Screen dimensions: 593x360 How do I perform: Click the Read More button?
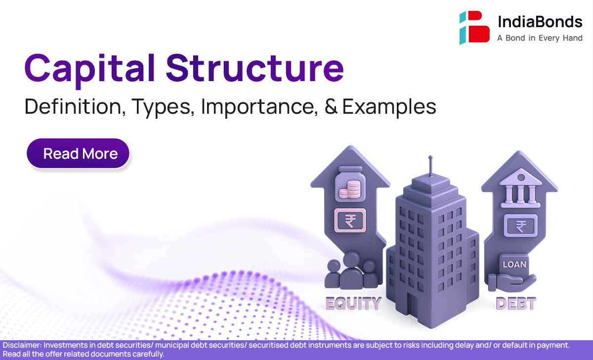coord(78,153)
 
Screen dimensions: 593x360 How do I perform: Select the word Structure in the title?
coord(255,68)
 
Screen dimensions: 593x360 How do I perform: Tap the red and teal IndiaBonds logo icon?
coord(474,27)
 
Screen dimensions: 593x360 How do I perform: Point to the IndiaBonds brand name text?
coord(540,21)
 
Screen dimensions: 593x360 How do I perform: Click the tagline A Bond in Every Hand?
coord(540,38)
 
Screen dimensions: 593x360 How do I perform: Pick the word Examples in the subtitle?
coord(389,107)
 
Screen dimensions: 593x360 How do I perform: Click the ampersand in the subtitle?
coord(331,106)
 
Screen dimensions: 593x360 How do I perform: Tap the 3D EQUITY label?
coord(353,303)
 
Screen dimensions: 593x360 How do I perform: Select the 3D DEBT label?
coord(516,303)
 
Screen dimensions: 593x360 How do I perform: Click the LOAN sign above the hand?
coord(514,265)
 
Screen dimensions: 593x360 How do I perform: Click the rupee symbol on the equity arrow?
coord(350,221)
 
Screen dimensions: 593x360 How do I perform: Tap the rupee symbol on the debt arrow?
coord(521,225)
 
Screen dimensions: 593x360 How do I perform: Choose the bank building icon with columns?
coord(520,188)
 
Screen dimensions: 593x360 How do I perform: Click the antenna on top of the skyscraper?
coord(431,166)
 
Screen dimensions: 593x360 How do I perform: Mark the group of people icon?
coord(351,270)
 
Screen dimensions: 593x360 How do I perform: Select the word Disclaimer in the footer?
coord(22,345)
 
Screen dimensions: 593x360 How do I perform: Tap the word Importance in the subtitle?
coord(259,107)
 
